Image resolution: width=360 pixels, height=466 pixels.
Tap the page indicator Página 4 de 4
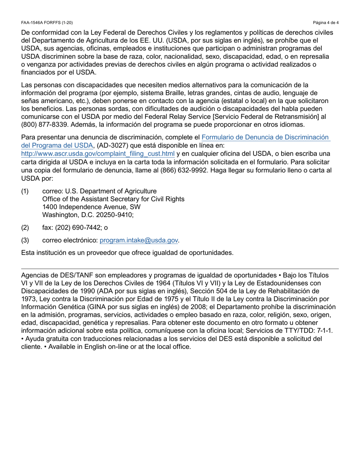coord(326,23)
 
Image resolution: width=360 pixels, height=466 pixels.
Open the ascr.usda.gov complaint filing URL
coord(98,153)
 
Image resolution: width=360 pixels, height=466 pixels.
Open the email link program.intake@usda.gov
coord(139,240)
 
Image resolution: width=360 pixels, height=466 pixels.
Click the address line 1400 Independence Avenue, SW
coord(91,207)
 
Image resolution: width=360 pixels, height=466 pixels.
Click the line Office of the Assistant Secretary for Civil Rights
coord(113,199)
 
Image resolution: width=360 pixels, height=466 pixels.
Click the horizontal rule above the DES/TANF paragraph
coord(180,269)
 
